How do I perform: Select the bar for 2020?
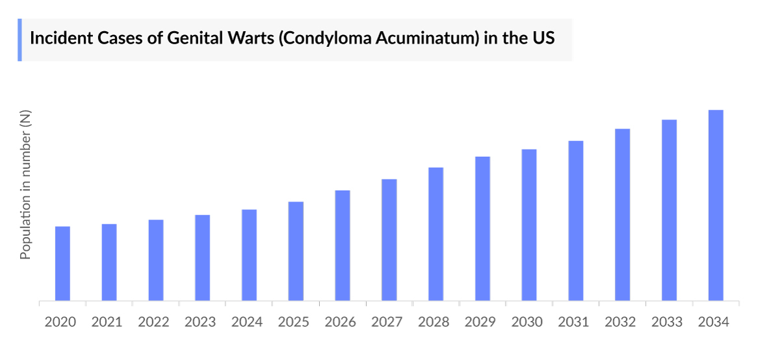coord(62,264)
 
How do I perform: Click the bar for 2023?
coord(203,258)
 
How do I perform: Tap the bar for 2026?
coord(343,246)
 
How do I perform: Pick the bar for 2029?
coord(482,229)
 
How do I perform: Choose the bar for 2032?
coord(623,215)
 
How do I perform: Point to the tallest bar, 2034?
coord(716,205)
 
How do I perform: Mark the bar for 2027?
coord(389,240)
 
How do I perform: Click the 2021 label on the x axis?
coord(107,322)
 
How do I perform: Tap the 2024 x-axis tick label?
coord(247,322)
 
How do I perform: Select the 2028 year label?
coord(434,322)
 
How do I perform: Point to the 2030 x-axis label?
coord(527,322)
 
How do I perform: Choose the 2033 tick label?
coord(667,322)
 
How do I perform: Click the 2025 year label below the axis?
coord(294,322)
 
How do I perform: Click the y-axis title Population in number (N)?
coord(25,185)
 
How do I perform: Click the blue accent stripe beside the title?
coord(19,40)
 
